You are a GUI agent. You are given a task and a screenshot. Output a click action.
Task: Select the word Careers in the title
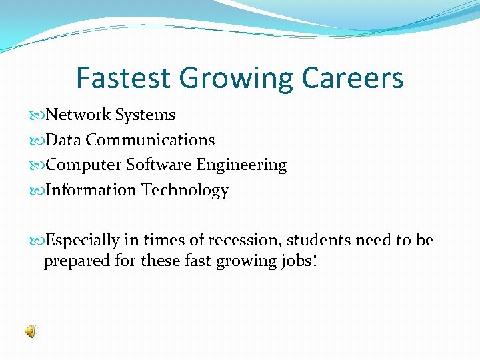coord(353,78)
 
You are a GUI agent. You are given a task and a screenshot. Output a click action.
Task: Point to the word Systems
coord(145,115)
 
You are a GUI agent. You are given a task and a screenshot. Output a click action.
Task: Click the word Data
coord(63,140)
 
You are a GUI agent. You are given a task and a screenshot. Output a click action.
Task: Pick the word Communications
coord(150,140)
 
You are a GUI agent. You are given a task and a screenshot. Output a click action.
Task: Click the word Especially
coord(83,241)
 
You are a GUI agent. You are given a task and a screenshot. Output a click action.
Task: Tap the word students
coord(316,240)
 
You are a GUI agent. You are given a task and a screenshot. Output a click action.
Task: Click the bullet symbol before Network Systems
coord(37,115)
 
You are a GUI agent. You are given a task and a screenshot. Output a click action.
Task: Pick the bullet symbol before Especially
coord(37,241)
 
